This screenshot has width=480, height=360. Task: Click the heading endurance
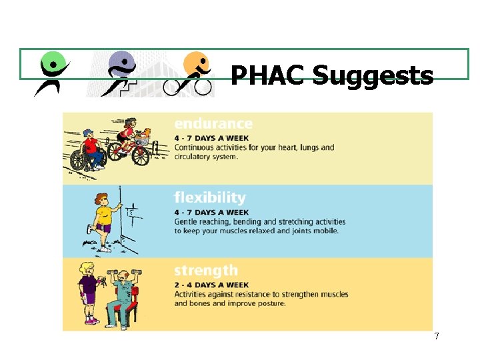(213, 124)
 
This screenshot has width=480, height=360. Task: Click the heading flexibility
(210, 197)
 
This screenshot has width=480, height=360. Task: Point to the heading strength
(205, 271)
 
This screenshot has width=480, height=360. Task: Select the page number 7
(437, 336)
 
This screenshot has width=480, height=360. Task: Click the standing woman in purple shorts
(89, 293)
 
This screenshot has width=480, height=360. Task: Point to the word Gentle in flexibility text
(186, 221)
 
